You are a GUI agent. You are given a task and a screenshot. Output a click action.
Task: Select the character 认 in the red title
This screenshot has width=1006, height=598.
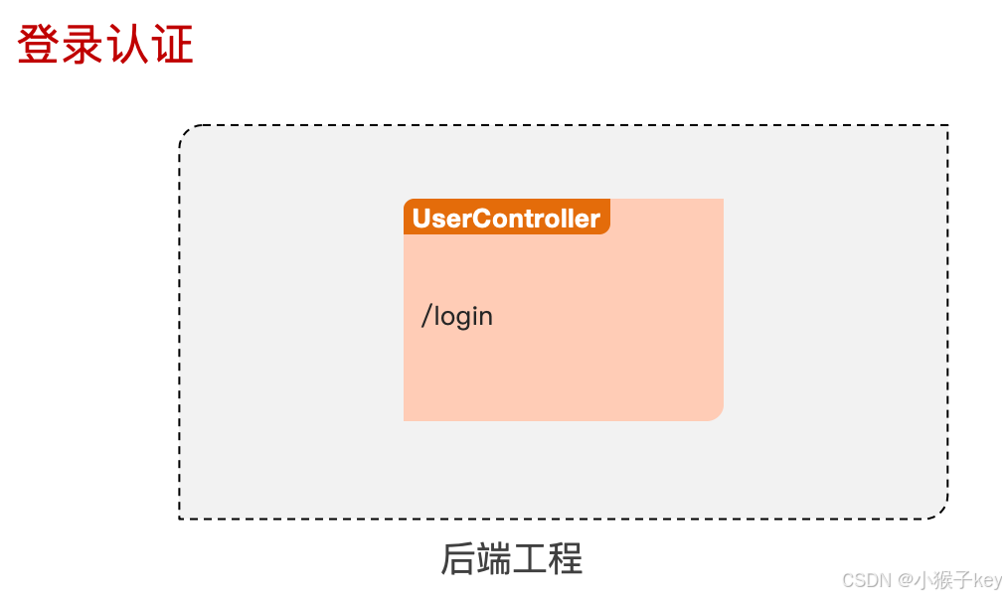[x=127, y=46]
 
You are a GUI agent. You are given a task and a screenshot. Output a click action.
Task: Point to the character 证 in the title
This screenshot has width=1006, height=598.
[x=172, y=46]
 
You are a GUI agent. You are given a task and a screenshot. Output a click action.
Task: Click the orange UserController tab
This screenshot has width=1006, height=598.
[x=506, y=218]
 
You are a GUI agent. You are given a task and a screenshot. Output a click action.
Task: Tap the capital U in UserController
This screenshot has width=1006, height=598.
[x=421, y=219]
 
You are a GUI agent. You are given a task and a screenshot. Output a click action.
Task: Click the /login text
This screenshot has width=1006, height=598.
[x=457, y=317]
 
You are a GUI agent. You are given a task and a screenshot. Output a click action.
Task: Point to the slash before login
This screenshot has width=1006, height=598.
[x=426, y=317]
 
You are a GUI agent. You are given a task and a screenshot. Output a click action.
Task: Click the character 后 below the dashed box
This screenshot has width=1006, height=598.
[x=457, y=559]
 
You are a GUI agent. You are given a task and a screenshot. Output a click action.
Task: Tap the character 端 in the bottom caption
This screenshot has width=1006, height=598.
[x=493, y=559]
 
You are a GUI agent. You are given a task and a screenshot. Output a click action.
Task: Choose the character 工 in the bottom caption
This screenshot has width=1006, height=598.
[x=529, y=559]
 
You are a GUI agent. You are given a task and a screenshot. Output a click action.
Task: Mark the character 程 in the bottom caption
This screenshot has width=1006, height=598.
[x=565, y=559]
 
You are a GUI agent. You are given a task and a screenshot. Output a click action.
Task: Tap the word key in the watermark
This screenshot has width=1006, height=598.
[x=988, y=580]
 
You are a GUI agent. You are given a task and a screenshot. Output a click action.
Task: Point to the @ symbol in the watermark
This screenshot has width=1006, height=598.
[x=906, y=580]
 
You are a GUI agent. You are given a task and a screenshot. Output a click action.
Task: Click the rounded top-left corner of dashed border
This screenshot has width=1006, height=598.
[x=186, y=132]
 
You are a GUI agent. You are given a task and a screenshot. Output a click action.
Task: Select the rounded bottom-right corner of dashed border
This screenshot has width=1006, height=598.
[x=940, y=512]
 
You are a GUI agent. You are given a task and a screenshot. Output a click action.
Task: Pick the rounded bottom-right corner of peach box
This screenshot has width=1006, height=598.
[x=717, y=414]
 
